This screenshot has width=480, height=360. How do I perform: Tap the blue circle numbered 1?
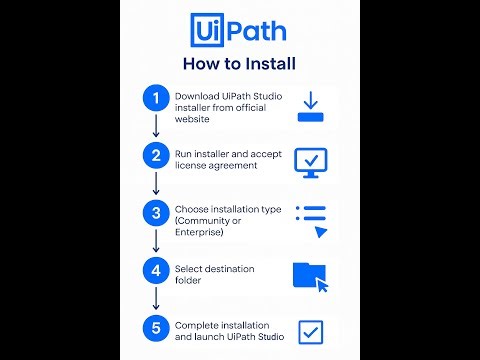click(155, 99)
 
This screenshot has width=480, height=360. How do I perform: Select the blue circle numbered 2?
click(155, 155)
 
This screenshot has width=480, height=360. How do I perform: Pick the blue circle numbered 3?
click(155, 213)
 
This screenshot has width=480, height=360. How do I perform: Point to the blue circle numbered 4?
click(155, 270)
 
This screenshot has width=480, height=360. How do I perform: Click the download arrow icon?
click(310, 105)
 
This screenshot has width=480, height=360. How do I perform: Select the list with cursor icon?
click(312, 220)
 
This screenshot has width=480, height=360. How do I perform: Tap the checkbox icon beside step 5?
click(311, 331)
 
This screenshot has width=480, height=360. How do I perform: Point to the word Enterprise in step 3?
click(197, 232)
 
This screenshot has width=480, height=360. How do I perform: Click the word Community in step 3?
click(208, 220)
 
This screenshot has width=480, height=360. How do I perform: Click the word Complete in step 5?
click(195, 325)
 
